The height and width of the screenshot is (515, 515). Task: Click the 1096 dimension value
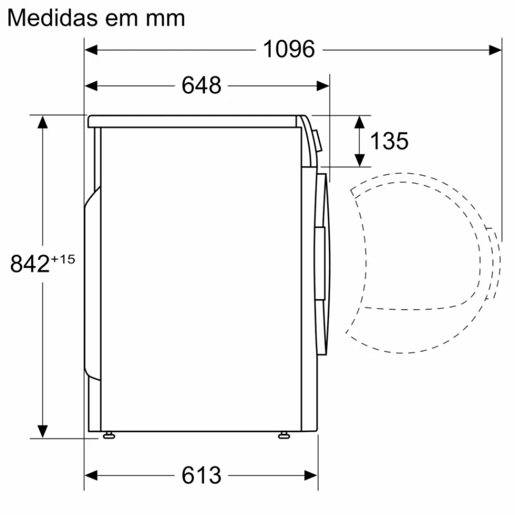pos(289,49)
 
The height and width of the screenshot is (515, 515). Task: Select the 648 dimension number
pos(201,85)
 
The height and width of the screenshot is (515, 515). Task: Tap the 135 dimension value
pos(389,141)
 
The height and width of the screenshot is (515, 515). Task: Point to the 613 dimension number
pos(201,476)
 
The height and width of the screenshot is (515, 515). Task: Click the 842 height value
pos(30,265)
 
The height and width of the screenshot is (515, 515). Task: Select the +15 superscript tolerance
pos(62,259)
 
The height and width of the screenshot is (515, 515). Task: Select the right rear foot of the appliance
pos(284,435)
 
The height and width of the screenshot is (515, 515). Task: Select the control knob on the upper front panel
pos(317,139)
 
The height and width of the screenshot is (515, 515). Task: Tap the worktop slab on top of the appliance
pos(194,121)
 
